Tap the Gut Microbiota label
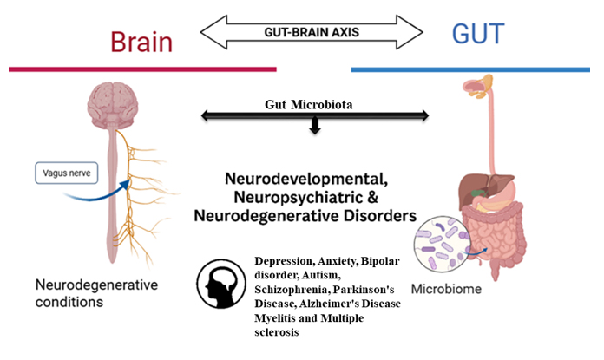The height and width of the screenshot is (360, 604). (315, 104)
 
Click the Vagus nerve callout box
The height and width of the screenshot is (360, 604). (68, 173)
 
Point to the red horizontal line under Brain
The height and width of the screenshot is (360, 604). (142, 69)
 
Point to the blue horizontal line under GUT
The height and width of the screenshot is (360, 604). (476, 69)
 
